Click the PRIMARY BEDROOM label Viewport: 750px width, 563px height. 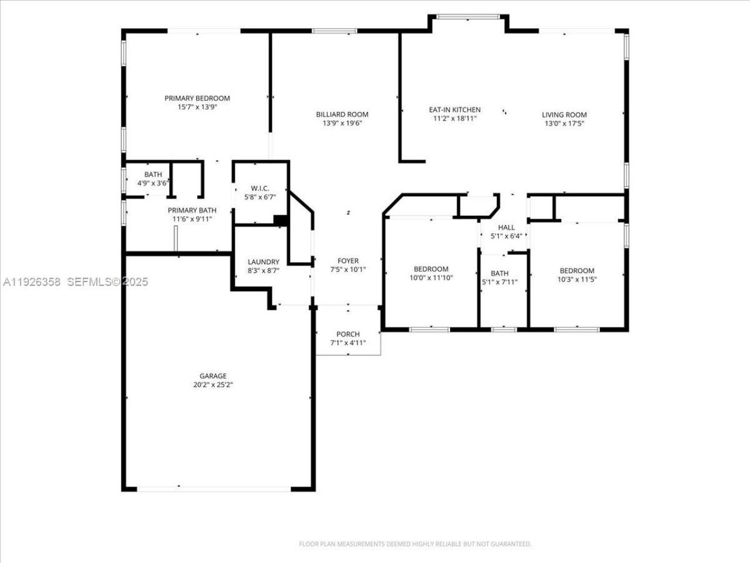click(197, 99)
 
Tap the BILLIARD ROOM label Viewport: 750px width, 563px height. click(342, 114)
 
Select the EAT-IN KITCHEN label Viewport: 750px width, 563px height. click(455, 110)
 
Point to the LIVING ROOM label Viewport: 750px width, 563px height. click(564, 115)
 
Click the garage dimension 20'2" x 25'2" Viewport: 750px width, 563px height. click(213, 385)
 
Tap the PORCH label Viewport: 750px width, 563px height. click(348, 334)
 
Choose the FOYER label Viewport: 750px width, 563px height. click(348, 261)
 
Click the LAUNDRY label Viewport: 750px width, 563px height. click(263, 262)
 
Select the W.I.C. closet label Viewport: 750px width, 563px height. click(260, 188)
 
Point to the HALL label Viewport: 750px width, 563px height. click(506, 228)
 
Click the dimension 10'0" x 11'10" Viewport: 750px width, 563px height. click(431, 278)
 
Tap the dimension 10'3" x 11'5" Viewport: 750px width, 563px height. click(577, 279)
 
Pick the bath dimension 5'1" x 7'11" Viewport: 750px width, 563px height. click(500, 282)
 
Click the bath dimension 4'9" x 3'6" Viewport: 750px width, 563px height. click(153, 183)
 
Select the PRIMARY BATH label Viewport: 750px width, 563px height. click(192, 211)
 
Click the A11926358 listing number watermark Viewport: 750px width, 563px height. click(32, 282)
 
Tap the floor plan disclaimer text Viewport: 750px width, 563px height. click(415, 544)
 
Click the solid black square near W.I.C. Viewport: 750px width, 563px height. click(281, 220)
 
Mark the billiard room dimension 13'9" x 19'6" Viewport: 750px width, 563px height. click(342, 123)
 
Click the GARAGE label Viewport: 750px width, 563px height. click(213, 376)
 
